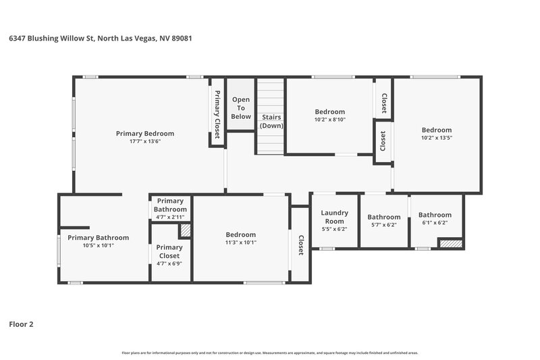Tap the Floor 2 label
(x=21, y=324)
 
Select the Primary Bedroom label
(x=144, y=133)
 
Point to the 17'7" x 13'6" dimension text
(x=144, y=141)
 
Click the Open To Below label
(x=241, y=108)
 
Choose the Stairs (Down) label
(x=272, y=122)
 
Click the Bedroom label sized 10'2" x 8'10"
(x=329, y=111)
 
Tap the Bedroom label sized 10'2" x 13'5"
(x=436, y=130)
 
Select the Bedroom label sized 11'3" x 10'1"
(x=240, y=234)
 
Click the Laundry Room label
(x=334, y=217)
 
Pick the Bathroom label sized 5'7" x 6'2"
(x=383, y=217)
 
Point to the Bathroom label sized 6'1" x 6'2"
(x=435, y=215)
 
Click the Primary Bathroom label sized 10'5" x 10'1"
(x=98, y=238)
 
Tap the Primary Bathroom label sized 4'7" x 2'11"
(x=170, y=205)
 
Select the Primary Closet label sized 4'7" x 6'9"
(x=169, y=251)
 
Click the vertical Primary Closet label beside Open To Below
(x=217, y=115)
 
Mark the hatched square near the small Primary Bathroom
(x=184, y=230)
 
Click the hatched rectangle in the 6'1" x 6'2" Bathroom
(x=450, y=243)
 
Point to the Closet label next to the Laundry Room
(x=300, y=245)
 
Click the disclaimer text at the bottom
(x=270, y=353)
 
